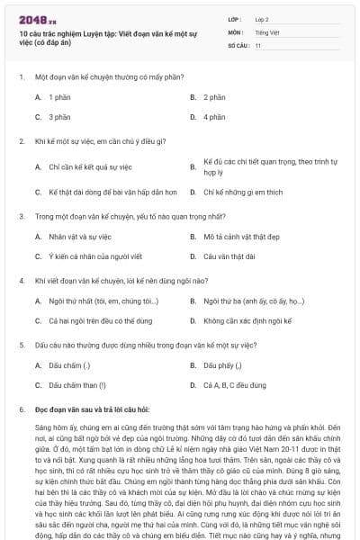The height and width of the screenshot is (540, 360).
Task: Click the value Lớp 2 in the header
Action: click(261, 18)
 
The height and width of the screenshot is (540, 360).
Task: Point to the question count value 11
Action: click(257, 44)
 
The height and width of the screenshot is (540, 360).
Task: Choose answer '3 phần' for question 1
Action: click(59, 117)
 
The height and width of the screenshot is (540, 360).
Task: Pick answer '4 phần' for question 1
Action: click(214, 117)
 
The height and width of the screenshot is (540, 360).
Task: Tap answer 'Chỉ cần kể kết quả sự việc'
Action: click(90, 166)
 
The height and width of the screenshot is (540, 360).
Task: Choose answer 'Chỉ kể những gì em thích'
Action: click(243, 192)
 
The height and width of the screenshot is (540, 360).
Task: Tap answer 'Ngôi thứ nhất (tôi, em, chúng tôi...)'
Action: click(103, 301)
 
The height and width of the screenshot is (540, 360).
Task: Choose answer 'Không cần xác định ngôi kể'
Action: click(249, 320)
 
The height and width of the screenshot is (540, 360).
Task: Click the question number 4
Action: click(21, 280)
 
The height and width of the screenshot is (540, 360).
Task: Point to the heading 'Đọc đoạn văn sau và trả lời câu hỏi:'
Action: click(92, 409)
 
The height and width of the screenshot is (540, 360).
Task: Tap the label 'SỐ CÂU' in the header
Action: click(237, 44)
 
